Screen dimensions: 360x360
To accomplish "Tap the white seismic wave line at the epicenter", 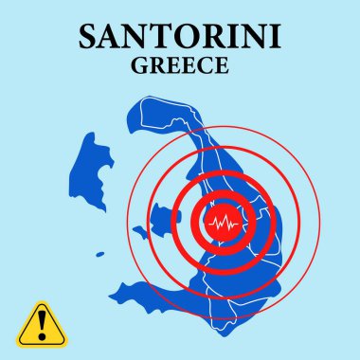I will (x=225, y=224).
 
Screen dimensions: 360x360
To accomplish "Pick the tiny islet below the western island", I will (x=99, y=253).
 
